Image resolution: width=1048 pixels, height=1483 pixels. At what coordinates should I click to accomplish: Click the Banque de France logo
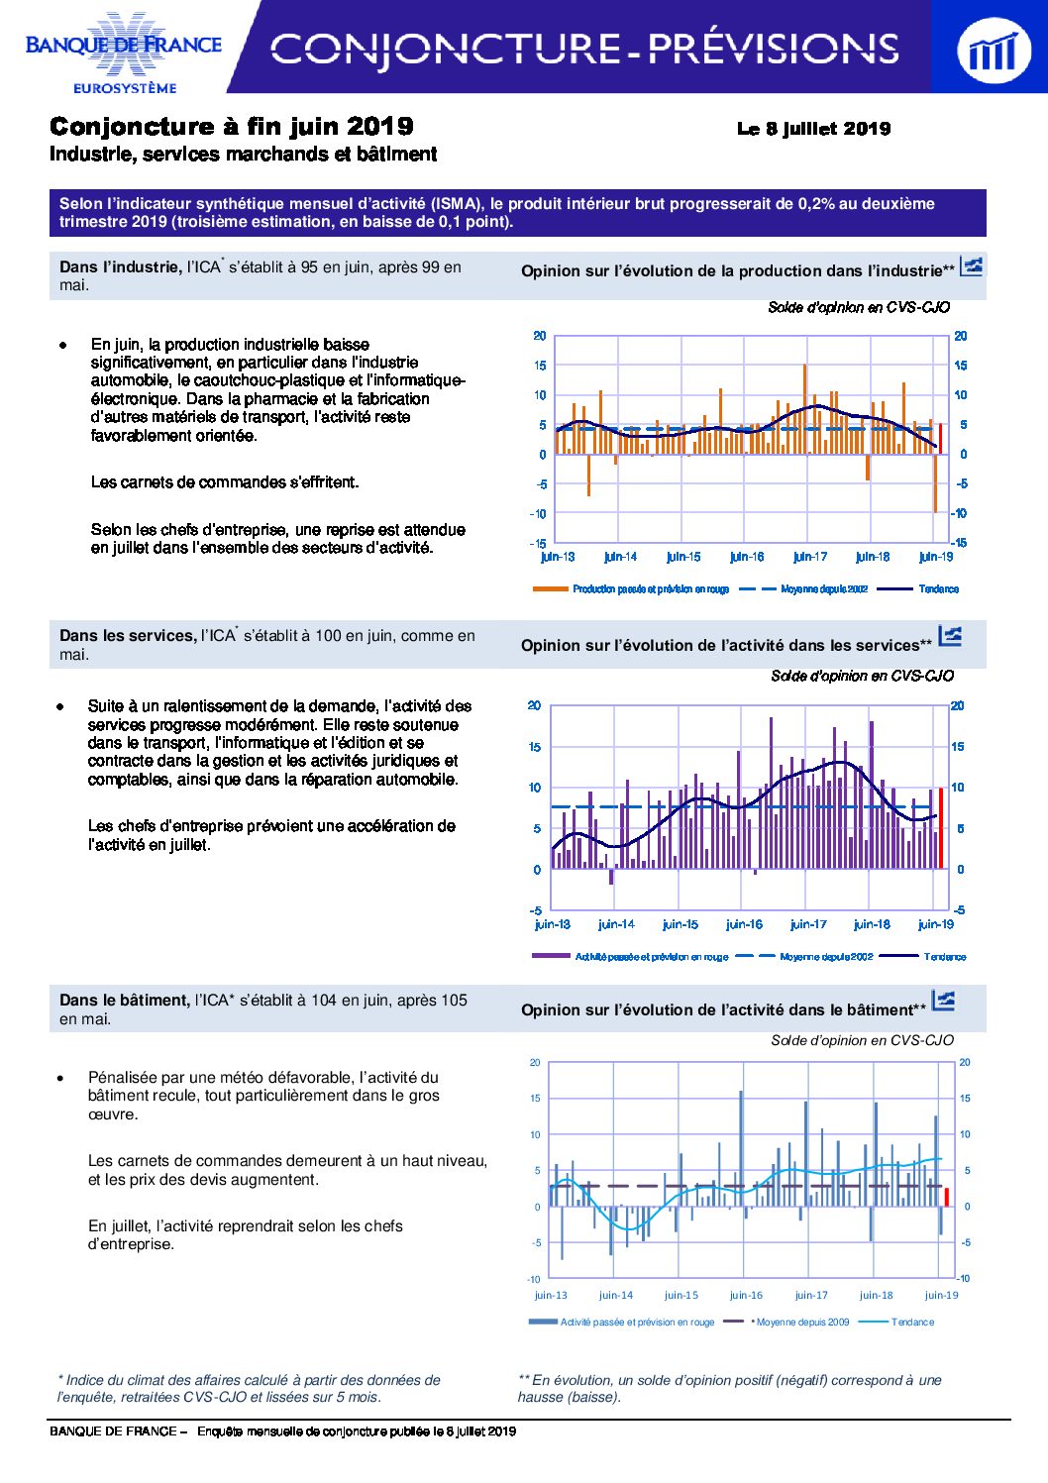[123, 52]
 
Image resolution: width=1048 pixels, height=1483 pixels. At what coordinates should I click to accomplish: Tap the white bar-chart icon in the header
[994, 50]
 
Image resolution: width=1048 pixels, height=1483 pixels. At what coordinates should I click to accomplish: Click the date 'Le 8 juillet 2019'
[813, 129]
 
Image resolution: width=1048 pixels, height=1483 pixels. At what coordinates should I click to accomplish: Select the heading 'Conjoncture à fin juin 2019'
[232, 126]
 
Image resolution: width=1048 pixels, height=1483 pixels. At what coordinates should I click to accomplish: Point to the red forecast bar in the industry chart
[940, 438]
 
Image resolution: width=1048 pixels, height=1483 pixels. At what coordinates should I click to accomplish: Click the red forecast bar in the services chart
[941, 828]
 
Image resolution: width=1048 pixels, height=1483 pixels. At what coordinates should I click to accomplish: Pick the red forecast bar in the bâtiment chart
[947, 1197]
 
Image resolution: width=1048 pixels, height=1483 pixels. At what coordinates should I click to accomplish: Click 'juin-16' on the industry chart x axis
[747, 557]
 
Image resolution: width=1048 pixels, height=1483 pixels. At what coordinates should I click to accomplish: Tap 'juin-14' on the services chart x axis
[616, 924]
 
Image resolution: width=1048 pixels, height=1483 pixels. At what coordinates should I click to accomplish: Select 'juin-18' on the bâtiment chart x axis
[876, 1295]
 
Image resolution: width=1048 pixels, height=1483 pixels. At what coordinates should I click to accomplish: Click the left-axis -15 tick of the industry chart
[538, 544]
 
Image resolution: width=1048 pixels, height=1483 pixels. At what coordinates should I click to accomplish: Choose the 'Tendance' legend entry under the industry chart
[939, 588]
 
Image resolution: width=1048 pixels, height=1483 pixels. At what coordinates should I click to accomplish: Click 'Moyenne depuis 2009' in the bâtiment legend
[802, 1322]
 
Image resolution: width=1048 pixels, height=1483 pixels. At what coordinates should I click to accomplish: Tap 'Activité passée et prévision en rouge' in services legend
[652, 957]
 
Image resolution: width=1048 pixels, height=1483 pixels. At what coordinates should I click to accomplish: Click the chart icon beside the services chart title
[950, 636]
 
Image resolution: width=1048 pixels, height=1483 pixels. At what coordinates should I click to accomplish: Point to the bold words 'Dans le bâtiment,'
[125, 1000]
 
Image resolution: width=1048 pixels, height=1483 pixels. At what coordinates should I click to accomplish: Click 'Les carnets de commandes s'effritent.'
[225, 482]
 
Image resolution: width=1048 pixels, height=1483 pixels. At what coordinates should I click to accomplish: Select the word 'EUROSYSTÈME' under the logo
[125, 88]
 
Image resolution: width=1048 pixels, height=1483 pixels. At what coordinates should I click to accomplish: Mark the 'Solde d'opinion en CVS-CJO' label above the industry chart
[859, 307]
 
